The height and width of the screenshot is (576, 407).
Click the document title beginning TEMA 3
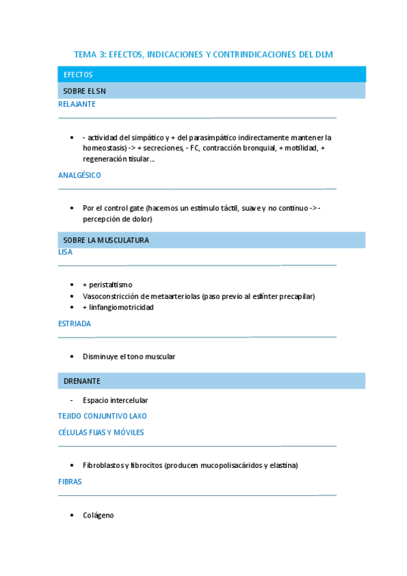click(203, 54)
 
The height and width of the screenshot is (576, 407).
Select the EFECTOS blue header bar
click(211, 75)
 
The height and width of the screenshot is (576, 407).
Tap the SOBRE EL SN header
click(211, 91)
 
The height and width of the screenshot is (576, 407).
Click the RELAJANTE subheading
click(77, 105)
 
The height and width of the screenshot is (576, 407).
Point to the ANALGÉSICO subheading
click(79, 175)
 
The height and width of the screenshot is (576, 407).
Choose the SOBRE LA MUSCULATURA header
click(211, 240)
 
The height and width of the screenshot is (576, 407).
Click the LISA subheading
click(65, 252)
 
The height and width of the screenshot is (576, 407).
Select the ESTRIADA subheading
click(75, 324)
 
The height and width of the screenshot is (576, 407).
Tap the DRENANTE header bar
click(211, 382)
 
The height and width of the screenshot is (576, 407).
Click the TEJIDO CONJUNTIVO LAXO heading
click(103, 416)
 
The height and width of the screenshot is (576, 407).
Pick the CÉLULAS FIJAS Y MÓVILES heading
click(101, 432)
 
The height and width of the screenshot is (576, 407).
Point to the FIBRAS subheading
click(70, 482)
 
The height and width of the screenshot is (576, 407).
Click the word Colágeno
click(99, 516)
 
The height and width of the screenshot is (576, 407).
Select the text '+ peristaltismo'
click(107, 285)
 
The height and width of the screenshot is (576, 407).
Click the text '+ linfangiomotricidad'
click(118, 307)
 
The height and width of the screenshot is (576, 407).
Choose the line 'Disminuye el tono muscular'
click(129, 357)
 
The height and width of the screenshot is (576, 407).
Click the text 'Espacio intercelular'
click(115, 401)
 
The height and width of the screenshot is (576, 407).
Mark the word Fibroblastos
click(103, 465)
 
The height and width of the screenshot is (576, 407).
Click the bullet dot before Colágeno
click(72, 516)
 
